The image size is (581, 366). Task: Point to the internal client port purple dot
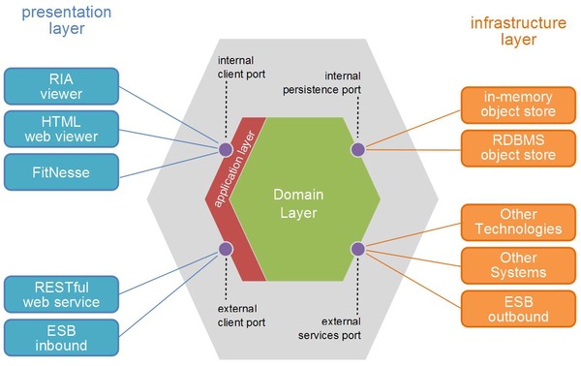click(226, 149)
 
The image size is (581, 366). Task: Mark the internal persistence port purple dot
click(357, 149)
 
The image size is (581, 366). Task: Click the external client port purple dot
click(226, 249)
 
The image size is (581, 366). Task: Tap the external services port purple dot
click(357, 249)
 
